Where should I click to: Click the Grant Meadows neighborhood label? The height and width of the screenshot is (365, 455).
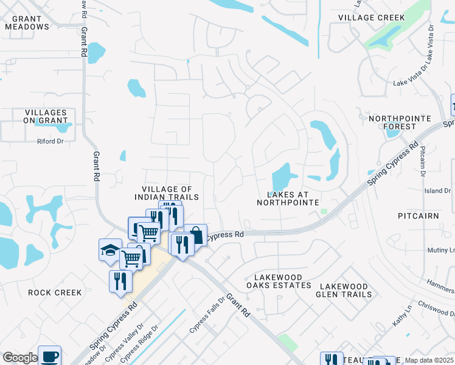pos(26,23)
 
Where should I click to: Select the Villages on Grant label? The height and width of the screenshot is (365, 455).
pos(46,117)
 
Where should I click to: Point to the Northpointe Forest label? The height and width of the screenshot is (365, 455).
pos(400,122)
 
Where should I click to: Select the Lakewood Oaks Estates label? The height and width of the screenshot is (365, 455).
pos(279,281)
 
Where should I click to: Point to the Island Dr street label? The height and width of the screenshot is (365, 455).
pos(438,191)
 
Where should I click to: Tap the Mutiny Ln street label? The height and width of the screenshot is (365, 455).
pos(443,250)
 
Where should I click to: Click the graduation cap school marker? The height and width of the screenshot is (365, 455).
pos(109,251)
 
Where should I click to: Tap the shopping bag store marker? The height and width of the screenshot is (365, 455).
pos(196,234)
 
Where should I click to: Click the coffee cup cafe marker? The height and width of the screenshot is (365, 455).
pos(49,356)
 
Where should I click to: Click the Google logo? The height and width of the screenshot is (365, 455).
pos(20,358)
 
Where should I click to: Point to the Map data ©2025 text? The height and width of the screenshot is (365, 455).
pos(429,360)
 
